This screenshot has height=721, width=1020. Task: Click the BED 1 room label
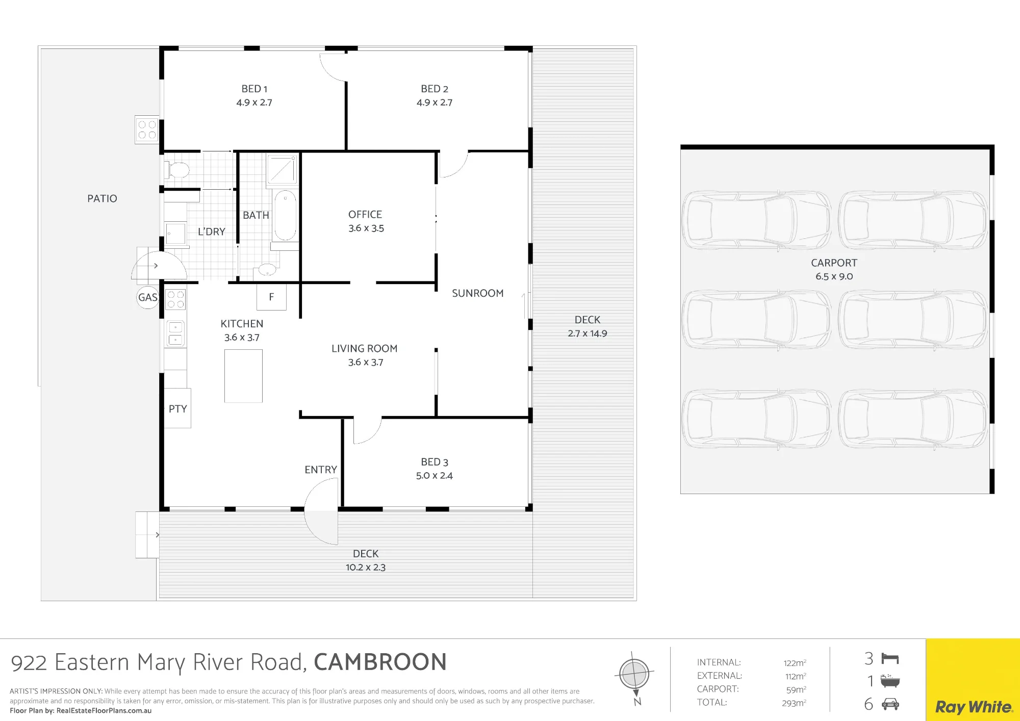tap(254, 89)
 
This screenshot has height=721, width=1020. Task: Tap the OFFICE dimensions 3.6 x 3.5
tap(366, 228)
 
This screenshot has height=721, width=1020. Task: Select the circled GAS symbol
tap(148, 297)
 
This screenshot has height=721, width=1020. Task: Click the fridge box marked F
tap(271, 297)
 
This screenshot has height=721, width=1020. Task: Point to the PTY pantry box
tap(177, 408)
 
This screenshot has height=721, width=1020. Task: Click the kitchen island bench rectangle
tap(243, 376)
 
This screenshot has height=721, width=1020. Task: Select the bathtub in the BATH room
tap(285, 215)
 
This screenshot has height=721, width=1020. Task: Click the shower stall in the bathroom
tap(282, 169)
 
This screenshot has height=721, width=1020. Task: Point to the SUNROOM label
tap(478, 293)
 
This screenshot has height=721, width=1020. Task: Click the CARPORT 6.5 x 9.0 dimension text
tap(834, 276)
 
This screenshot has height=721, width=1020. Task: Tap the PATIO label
tap(102, 198)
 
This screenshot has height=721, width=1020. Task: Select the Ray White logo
tap(973, 707)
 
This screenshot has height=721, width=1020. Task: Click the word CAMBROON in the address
tap(380, 662)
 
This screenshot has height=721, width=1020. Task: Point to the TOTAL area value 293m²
tap(794, 703)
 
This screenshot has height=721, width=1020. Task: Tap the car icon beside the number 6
tap(890, 704)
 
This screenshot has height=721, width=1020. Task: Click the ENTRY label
tap(321, 470)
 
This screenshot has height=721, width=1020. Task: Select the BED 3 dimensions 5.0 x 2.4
tap(435, 476)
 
